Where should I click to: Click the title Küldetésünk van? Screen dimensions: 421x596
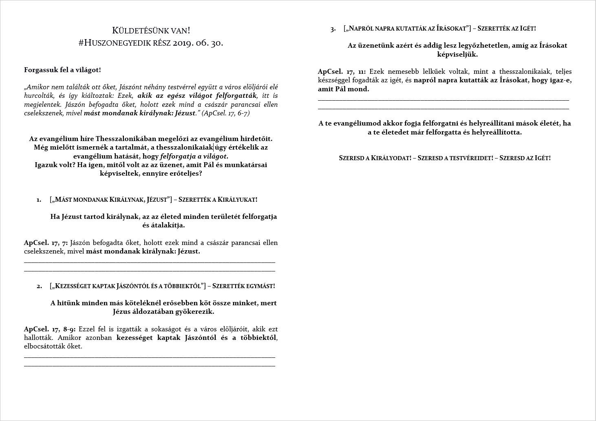(151, 31)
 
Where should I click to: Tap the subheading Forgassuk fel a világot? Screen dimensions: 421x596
(62, 70)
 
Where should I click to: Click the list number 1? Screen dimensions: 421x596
(39, 200)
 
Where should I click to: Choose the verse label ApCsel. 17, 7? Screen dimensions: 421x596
(46, 242)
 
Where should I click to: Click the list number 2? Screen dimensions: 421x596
(39, 286)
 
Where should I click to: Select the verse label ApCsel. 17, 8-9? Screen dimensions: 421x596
(50, 329)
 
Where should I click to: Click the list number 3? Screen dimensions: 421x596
(333, 29)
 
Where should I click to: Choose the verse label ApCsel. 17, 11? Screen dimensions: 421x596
(342, 71)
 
